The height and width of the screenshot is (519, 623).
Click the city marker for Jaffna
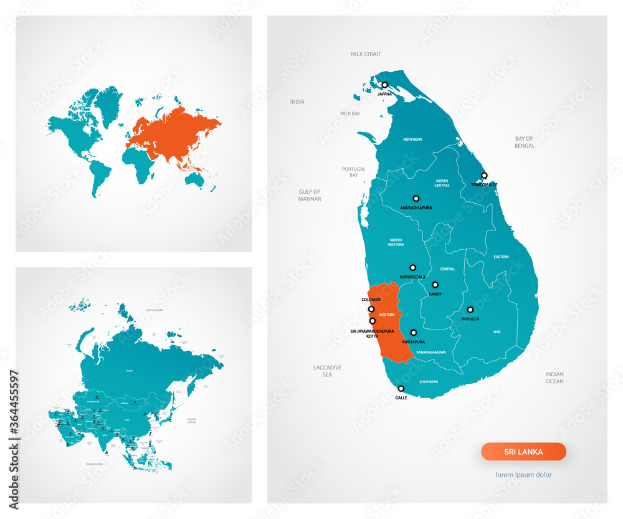(x=385, y=85)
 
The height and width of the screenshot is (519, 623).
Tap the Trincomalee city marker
(x=484, y=176)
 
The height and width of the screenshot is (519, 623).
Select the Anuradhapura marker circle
(x=416, y=198)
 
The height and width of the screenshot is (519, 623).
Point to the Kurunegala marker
(x=412, y=267)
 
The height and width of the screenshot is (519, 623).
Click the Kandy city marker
(x=435, y=285)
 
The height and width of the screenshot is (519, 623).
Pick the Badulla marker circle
(x=470, y=310)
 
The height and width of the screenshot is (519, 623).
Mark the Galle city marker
(x=401, y=388)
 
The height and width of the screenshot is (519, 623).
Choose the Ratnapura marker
(x=413, y=333)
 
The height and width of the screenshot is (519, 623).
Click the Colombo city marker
(x=371, y=309)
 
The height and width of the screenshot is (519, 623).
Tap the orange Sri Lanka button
(x=523, y=452)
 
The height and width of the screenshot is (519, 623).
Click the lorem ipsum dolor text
(x=523, y=475)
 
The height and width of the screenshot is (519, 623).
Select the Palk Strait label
(x=365, y=55)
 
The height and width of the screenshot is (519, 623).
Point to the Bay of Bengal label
(x=525, y=142)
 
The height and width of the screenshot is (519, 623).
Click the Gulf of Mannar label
(x=310, y=196)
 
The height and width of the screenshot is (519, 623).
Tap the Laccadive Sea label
(x=327, y=371)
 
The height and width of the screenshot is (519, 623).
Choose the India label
(x=297, y=102)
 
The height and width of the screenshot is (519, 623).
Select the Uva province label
(x=497, y=332)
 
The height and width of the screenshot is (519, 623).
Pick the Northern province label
(x=412, y=140)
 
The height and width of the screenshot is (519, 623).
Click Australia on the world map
(x=195, y=179)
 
